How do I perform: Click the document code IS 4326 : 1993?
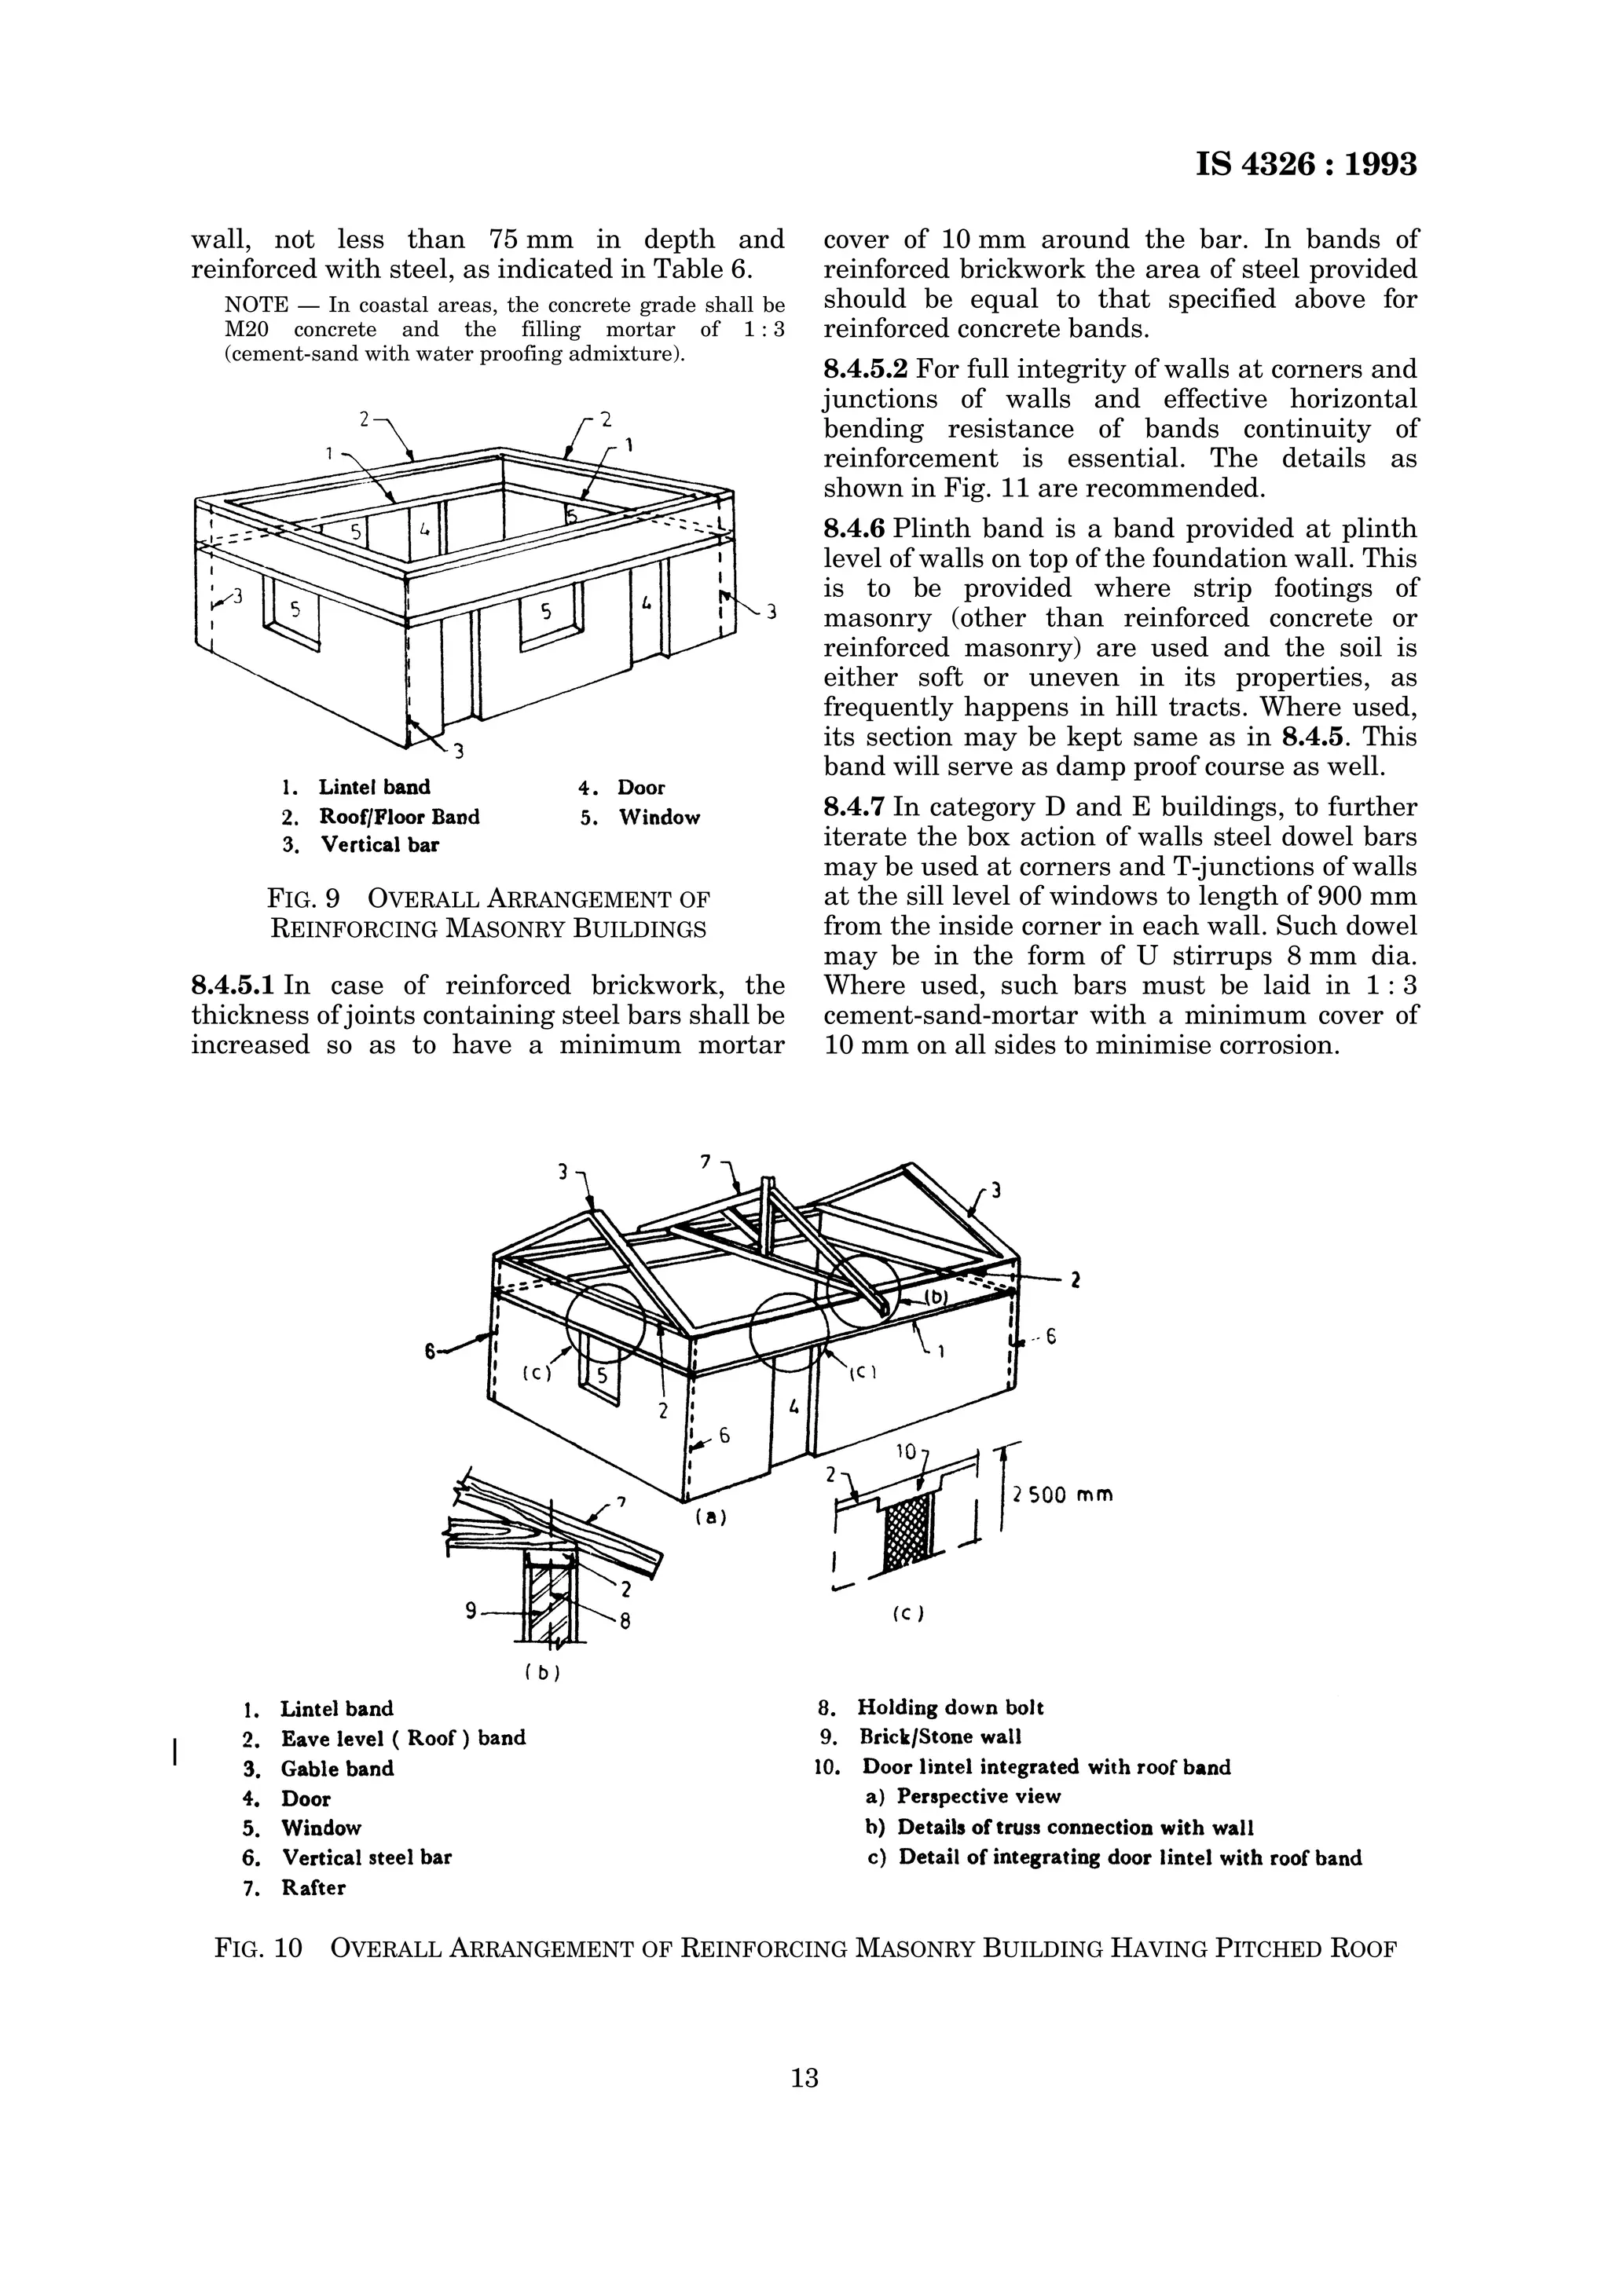1306,163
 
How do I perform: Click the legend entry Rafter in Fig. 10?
313,1887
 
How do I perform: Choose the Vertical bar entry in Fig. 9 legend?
379,844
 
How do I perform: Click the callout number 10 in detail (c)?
906,1452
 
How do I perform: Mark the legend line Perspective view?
977,1796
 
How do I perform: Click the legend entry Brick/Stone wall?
940,1736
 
